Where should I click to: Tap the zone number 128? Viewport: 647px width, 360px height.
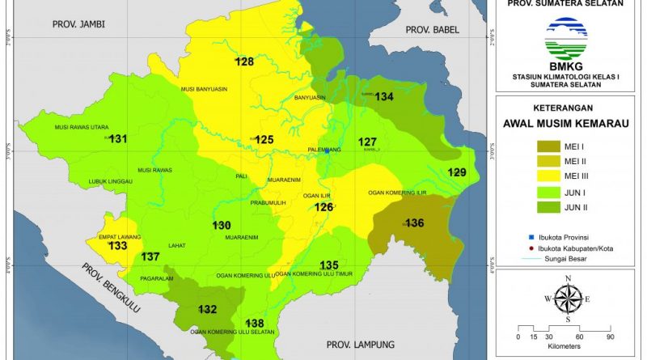click(x=244, y=62)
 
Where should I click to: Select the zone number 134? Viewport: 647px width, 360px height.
click(x=384, y=97)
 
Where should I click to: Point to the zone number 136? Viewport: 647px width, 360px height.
click(x=414, y=223)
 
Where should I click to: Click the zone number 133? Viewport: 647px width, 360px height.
click(x=118, y=246)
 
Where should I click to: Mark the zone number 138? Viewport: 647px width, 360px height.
click(x=255, y=323)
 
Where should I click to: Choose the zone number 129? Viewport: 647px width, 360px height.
click(x=457, y=172)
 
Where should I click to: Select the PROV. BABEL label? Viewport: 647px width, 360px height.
click(x=431, y=31)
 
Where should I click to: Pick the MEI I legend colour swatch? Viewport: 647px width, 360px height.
click(x=553, y=146)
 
